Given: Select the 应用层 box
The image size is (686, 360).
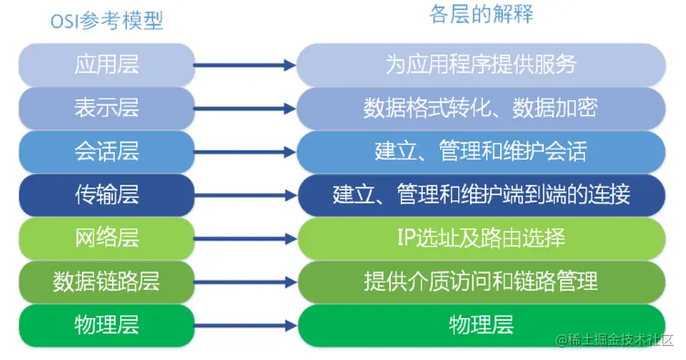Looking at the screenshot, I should click(107, 64).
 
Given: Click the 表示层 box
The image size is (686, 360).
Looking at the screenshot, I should click(107, 108).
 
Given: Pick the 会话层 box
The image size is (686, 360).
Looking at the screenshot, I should click(107, 151).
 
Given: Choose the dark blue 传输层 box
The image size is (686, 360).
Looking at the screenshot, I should click(107, 194).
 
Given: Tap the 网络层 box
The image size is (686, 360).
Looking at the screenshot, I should click(107, 237).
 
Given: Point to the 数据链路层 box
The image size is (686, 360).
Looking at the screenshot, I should click(107, 280).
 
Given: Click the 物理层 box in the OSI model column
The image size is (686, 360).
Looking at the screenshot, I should click(107, 324).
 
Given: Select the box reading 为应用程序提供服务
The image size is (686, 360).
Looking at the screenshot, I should click(481, 64).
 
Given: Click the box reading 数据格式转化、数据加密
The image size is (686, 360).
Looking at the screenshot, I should click(481, 108).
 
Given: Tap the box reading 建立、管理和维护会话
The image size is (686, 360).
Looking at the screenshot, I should click(481, 151).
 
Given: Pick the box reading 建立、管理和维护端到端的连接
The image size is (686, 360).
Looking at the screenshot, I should click(481, 194).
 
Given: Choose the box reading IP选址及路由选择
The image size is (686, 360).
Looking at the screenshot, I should click(481, 237).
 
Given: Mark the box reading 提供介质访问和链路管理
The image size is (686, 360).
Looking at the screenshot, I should click(481, 280).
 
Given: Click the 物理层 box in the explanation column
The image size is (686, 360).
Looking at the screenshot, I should click(481, 324).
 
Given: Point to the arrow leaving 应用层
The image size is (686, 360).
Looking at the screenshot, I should click(245, 66).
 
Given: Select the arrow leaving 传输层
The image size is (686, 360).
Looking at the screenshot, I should click(245, 196).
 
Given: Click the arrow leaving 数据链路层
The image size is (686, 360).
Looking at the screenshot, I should click(245, 282).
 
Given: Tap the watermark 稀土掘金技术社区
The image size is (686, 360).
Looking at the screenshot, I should click(619, 341).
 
